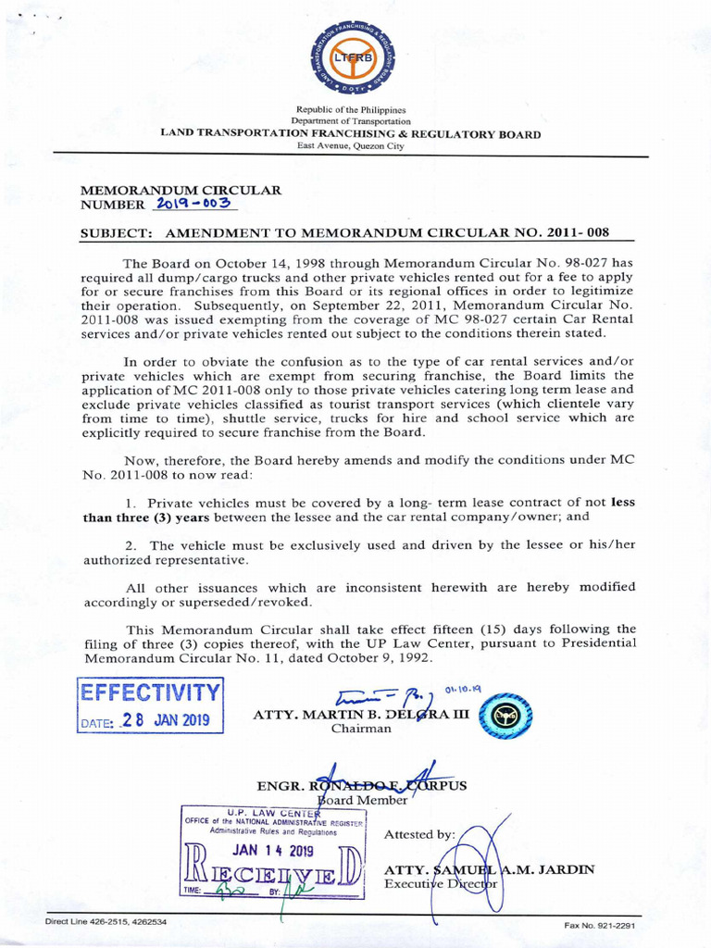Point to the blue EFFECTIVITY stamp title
[x=151, y=692]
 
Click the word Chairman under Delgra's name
[x=361, y=729]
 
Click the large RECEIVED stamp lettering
[x=273, y=873]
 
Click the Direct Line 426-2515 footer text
[x=106, y=922]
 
